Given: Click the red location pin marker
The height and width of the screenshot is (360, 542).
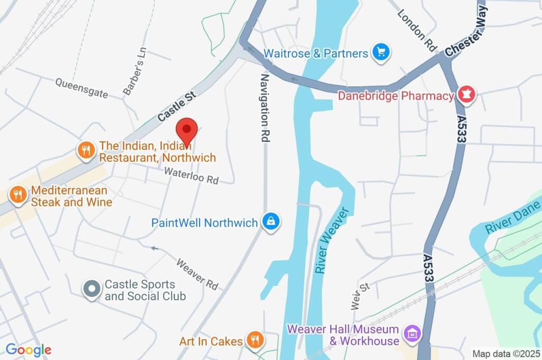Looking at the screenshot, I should click(x=186, y=130).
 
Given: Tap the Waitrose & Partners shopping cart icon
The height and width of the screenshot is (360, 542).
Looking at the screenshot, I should click(x=381, y=52).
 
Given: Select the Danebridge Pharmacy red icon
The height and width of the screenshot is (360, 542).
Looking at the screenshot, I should click(x=467, y=95).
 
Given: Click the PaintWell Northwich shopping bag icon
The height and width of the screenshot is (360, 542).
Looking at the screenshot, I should click(x=271, y=222).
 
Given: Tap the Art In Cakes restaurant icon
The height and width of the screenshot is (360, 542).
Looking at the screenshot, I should click(x=255, y=340).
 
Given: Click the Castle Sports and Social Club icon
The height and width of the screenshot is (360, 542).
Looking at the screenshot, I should click(x=92, y=290).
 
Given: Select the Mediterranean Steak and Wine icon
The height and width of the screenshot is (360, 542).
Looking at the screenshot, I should click(x=17, y=195).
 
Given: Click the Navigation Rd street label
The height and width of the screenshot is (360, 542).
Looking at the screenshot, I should click(x=265, y=108).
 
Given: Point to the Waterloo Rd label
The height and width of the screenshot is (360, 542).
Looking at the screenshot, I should click(x=191, y=176).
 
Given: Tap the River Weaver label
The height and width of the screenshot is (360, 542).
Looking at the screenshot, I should click(x=332, y=241).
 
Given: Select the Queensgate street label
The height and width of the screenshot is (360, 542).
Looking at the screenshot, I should click(x=82, y=88).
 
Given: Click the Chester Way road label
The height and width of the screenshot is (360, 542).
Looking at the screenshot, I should click(x=465, y=35).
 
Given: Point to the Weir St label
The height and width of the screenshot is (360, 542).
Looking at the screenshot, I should click(x=359, y=296).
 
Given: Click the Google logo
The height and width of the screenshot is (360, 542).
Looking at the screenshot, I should click(x=28, y=349).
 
